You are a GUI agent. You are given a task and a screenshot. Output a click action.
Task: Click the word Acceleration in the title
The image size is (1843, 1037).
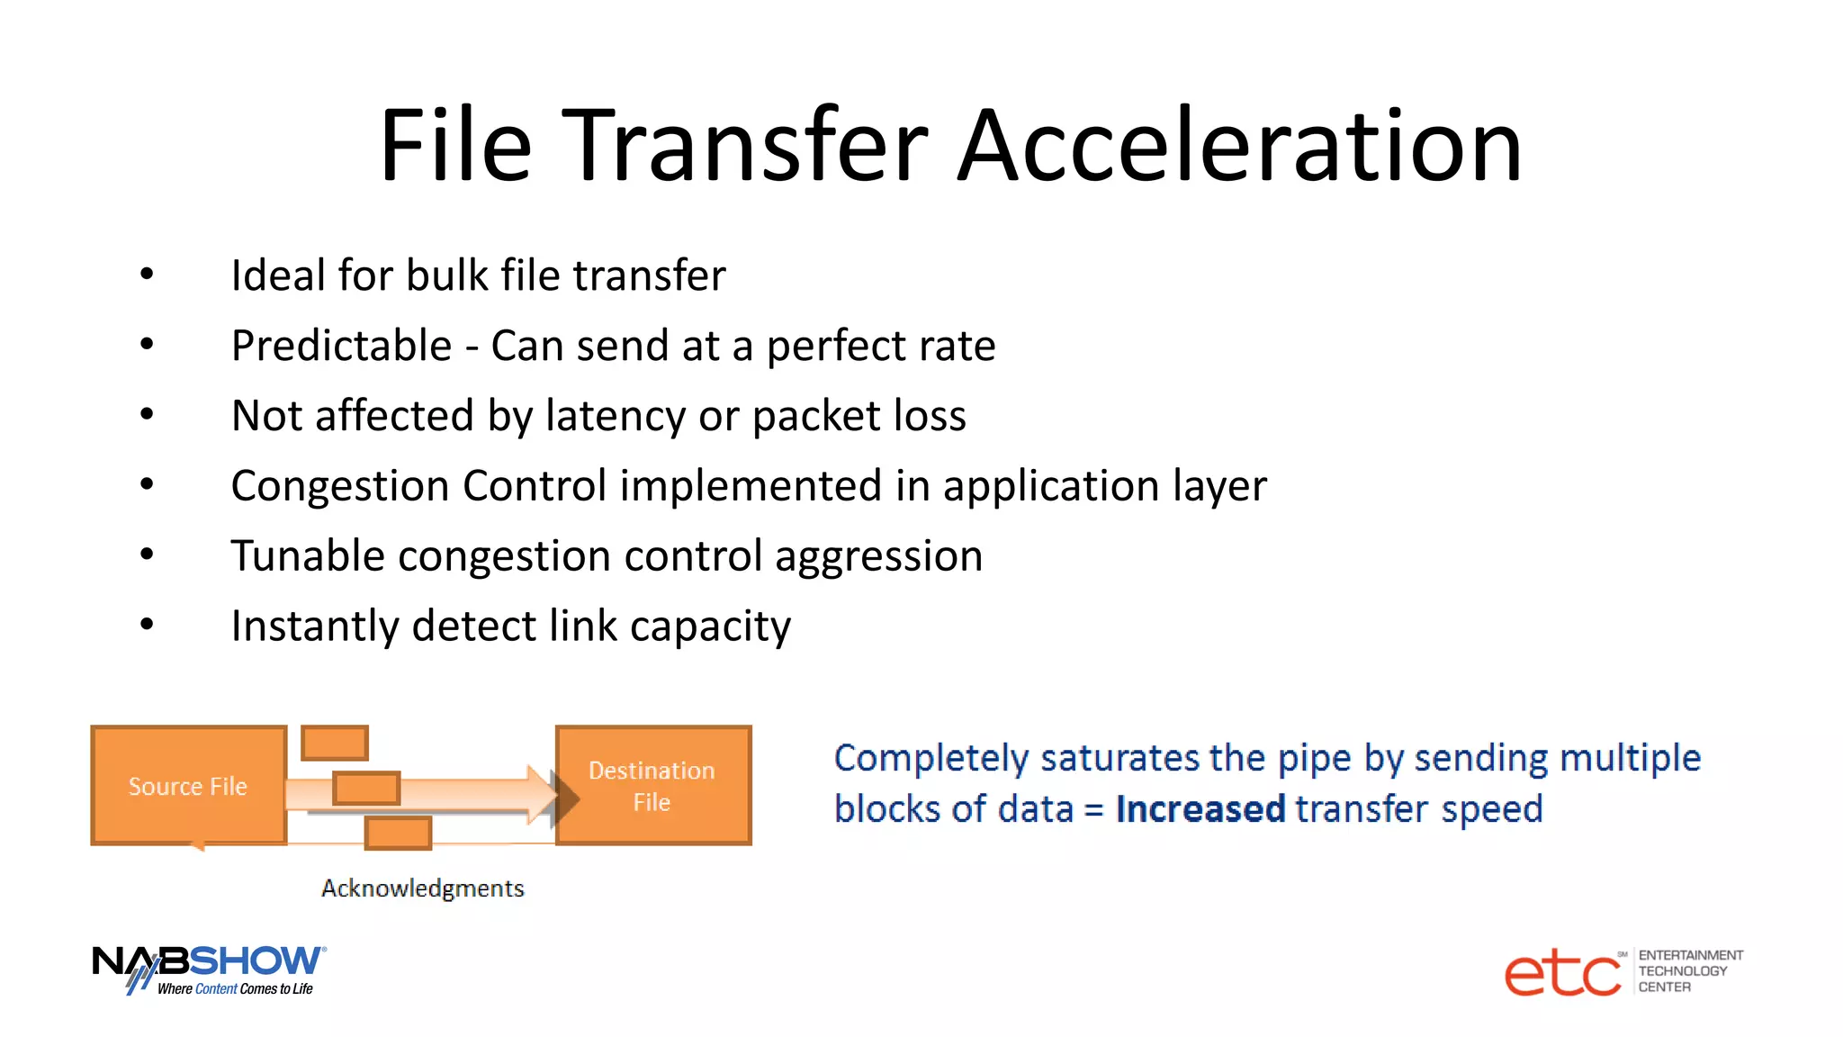(1239, 146)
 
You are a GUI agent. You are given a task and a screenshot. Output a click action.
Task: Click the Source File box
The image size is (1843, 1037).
(188, 786)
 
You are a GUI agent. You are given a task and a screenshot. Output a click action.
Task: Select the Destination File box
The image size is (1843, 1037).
(652, 786)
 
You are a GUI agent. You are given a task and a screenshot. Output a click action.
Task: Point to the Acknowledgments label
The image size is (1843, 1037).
(422, 888)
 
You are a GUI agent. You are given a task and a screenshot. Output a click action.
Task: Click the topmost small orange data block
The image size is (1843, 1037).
(335, 744)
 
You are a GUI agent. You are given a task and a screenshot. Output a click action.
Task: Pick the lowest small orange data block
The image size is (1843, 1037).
(398, 833)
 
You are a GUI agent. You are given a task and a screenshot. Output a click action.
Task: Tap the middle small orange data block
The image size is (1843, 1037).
(366, 789)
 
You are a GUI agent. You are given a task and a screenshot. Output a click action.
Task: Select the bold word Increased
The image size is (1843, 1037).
(1200, 808)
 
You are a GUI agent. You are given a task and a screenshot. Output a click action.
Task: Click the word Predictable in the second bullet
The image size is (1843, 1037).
(341, 346)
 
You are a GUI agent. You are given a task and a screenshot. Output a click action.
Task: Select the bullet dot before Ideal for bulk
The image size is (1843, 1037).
(147, 275)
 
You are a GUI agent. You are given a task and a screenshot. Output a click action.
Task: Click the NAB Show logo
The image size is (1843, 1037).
(209, 969)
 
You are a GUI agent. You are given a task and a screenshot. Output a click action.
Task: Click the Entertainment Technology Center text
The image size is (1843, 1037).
(1689, 971)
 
